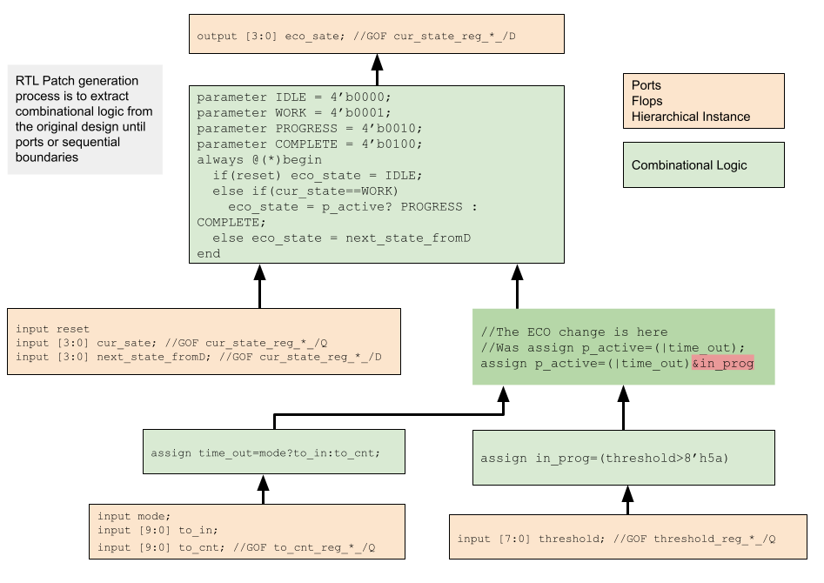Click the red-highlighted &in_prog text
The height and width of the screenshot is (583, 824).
tap(722, 363)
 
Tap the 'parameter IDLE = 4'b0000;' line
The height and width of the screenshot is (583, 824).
tap(294, 97)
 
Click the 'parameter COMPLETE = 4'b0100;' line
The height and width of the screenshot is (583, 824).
tap(310, 144)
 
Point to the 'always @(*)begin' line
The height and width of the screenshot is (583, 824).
tap(259, 160)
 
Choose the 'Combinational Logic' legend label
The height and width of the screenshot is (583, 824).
tap(689, 165)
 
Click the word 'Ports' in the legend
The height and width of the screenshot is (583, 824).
tap(646, 85)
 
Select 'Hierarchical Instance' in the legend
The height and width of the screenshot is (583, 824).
tap(691, 117)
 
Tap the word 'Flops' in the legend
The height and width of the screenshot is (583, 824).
tap(647, 101)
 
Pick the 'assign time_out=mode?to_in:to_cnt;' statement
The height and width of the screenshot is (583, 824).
tap(265, 453)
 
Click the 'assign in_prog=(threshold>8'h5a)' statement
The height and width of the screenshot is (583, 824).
tap(605, 459)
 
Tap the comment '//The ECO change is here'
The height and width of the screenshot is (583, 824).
tap(574, 332)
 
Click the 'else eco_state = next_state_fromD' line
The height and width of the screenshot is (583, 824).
tap(341, 238)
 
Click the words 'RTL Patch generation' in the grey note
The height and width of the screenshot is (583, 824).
tap(77, 81)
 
